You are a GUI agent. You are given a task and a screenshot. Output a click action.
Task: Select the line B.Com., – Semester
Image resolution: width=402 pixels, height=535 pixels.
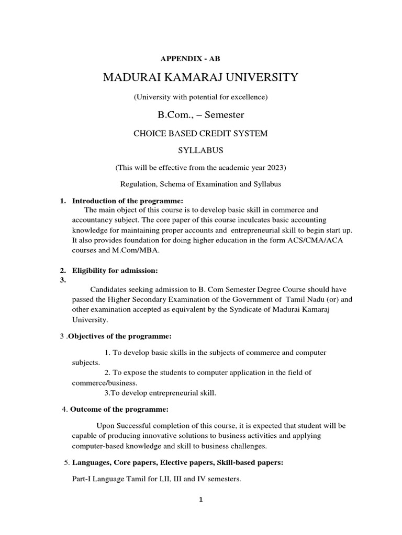202,114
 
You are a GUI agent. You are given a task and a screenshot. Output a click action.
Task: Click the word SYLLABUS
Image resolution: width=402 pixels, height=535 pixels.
202,150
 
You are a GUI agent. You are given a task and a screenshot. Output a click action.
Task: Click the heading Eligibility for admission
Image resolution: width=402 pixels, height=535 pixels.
115,270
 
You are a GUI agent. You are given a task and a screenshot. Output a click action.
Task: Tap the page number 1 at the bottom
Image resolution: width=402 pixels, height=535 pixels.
200,499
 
